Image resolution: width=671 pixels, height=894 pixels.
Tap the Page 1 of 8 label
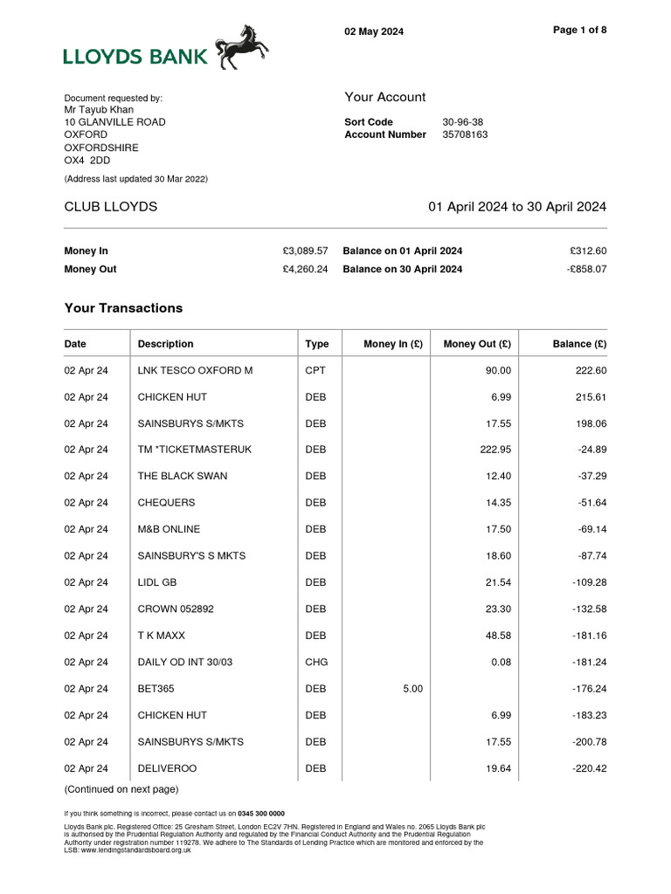tap(580, 30)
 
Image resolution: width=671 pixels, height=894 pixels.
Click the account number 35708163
tap(465, 135)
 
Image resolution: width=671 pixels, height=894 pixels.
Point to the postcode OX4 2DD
tap(87, 162)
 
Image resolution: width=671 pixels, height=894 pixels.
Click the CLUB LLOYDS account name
tap(111, 207)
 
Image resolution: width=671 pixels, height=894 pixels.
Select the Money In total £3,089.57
tap(305, 251)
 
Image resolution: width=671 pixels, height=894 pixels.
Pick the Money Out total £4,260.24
tap(305, 270)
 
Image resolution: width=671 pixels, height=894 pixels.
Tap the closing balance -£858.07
tap(586, 270)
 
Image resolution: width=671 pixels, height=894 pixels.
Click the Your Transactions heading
tap(123, 308)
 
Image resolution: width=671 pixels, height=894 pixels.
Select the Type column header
tap(316, 344)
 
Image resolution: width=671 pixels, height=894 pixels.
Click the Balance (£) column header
tap(579, 344)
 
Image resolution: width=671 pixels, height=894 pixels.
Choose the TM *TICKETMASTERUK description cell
tap(194, 450)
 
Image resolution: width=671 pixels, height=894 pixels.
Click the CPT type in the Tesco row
tap(315, 371)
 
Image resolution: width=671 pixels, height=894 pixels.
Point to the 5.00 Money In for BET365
tap(412, 689)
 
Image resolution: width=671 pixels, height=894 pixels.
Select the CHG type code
tap(315, 663)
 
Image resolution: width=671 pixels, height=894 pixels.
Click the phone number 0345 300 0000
tap(261, 813)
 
